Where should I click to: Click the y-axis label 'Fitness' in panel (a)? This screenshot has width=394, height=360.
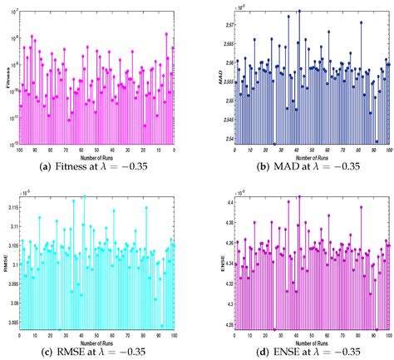[x=8, y=83]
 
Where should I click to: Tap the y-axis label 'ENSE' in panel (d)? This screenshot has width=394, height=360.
[x=219, y=264]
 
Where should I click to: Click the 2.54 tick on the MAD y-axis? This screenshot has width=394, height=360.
[x=225, y=140]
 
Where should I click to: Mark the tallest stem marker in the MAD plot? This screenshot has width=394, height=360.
[x=299, y=11]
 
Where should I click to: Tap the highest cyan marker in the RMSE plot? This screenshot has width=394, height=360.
[x=84, y=197]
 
